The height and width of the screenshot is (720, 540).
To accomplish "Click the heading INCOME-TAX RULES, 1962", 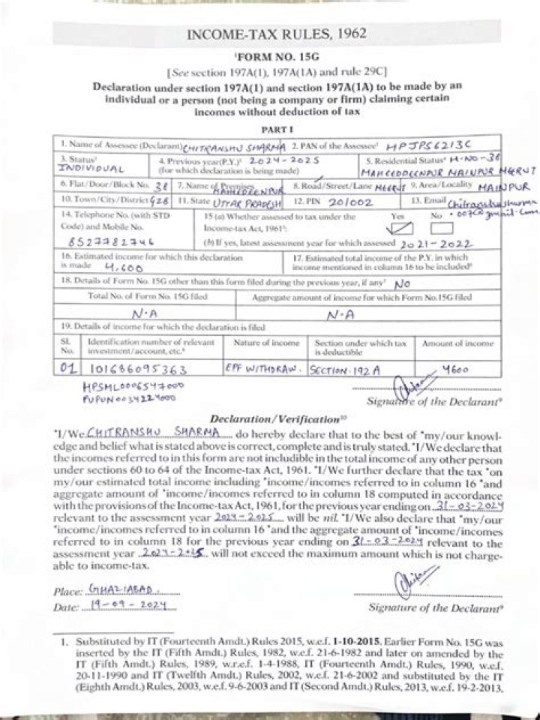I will [271, 34].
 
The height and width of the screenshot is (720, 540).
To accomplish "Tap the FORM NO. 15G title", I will [271, 58].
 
